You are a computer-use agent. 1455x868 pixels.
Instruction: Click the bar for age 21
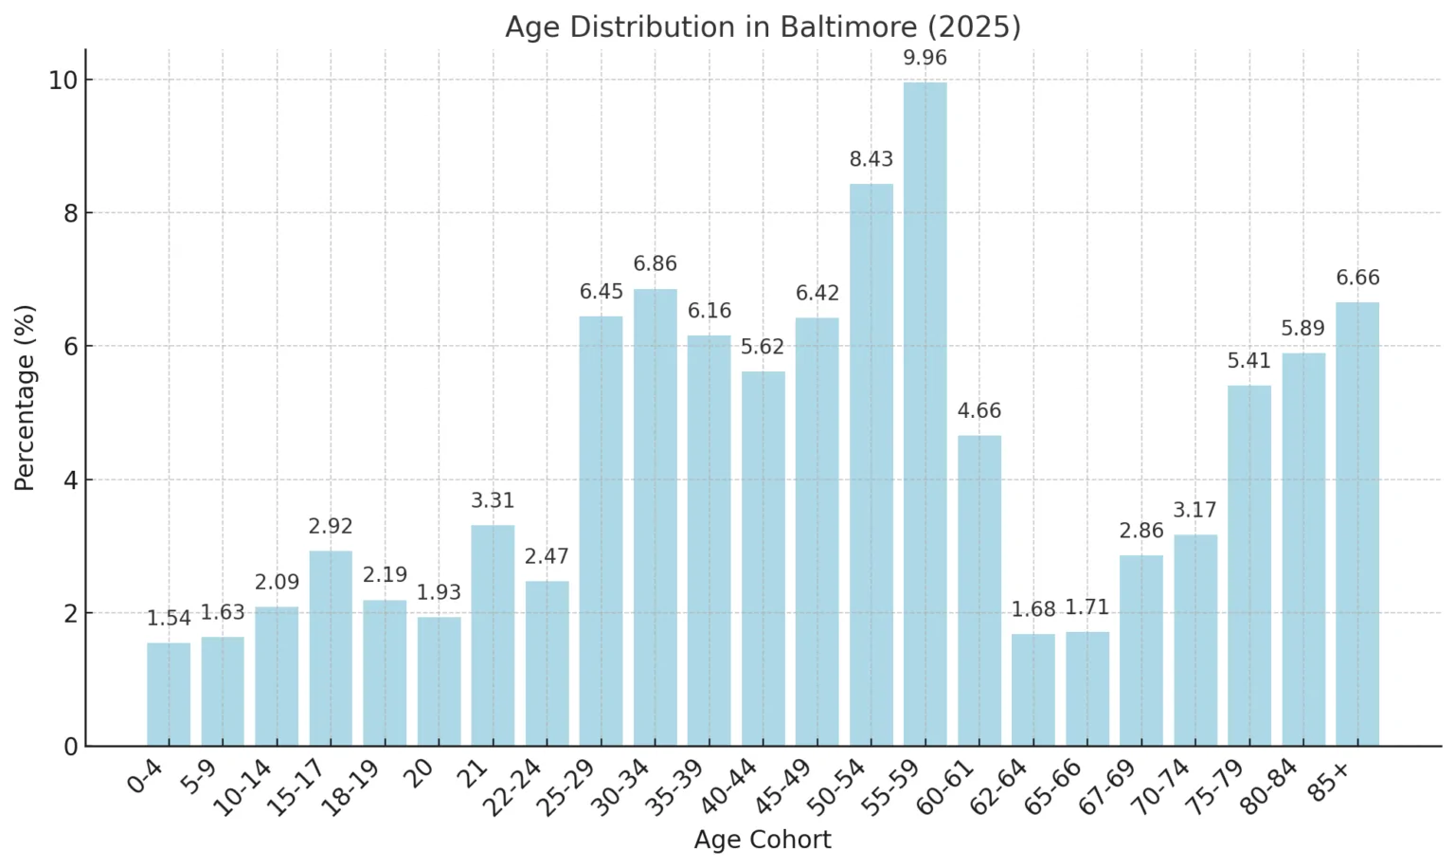tap(493, 636)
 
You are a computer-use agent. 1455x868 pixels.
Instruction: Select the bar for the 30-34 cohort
tap(655, 517)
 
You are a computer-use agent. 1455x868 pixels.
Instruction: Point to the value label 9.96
tap(925, 58)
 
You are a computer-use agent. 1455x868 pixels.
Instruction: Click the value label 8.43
tap(871, 159)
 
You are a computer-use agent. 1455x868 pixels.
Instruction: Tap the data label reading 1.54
tap(169, 619)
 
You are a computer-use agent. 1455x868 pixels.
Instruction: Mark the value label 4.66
tap(979, 411)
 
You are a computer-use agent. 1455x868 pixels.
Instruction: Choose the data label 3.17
tap(1195, 511)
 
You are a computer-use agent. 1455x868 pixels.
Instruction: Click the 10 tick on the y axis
tap(63, 80)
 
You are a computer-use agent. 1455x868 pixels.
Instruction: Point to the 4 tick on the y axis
tap(70, 479)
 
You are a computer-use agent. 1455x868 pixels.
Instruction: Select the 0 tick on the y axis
tap(70, 747)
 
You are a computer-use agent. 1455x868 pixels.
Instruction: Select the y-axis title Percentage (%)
tap(25, 397)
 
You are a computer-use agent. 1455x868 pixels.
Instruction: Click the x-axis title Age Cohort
tap(763, 840)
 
